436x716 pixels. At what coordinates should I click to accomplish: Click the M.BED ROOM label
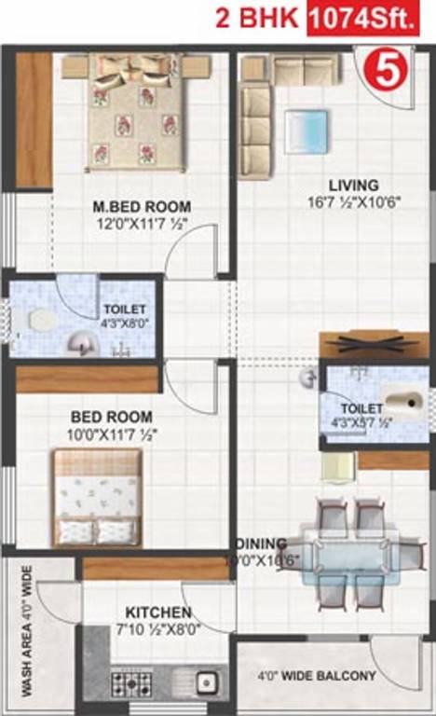pos(142,206)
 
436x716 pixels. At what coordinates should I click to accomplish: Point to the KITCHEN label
pos(157,613)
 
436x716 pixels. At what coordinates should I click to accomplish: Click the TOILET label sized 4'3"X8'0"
pos(123,310)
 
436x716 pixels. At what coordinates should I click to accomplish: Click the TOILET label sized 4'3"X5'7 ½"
pos(361,408)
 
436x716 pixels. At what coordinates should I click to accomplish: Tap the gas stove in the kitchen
pos(130,683)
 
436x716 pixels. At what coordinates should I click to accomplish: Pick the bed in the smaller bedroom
pos(96,496)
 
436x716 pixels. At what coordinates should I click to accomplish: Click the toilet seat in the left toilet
pos(39,322)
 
